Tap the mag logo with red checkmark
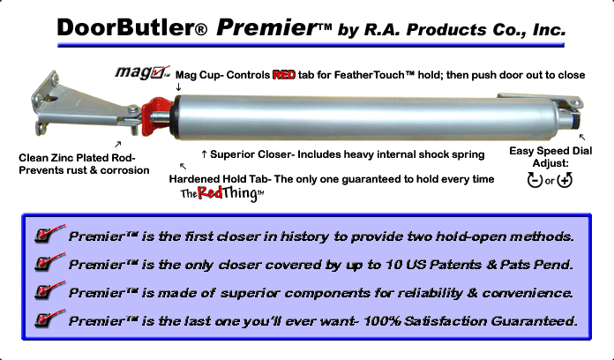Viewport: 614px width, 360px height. (143, 72)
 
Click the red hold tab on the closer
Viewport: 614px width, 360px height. (156, 116)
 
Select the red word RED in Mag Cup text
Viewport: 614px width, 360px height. (284, 75)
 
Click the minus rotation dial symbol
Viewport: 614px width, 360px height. (535, 180)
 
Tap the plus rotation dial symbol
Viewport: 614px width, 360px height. (565, 180)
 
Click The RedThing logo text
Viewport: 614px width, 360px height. (222, 193)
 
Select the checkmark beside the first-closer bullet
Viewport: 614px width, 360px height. (49, 234)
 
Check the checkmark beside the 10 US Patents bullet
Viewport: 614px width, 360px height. (49, 262)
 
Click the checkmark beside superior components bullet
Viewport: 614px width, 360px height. (49, 290)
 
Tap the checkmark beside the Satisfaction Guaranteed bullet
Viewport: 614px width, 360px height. (49, 318)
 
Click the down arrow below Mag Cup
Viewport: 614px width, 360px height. (178, 87)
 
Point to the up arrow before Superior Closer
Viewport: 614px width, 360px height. (204, 154)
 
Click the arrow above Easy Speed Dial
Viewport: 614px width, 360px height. (582, 137)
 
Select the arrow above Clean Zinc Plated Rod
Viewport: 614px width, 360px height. (117, 144)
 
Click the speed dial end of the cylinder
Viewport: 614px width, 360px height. (571, 117)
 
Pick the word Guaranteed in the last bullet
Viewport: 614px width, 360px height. (534, 321)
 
